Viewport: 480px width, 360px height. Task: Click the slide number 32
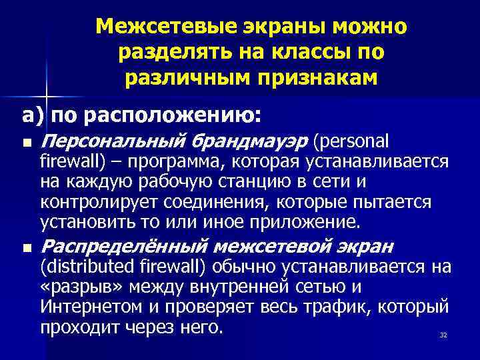click(x=443, y=335)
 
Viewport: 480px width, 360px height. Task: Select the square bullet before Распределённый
click(x=25, y=248)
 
